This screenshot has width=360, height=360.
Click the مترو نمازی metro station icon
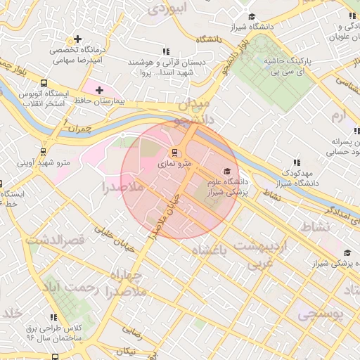tap(174, 152)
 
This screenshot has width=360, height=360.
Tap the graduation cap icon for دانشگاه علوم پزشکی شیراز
tap(226, 171)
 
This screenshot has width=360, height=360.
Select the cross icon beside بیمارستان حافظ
tap(99, 90)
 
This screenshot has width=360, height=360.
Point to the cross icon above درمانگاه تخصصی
tap(77, 39)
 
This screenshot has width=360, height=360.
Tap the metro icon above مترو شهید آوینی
tap(44, 151)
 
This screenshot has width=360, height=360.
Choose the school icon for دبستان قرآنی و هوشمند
tap(167, 51)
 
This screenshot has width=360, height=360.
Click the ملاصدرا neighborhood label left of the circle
tap(103, 188)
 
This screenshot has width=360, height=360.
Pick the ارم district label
tap(340, 115)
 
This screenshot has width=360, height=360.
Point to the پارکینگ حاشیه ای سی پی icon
tap(288, 51)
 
